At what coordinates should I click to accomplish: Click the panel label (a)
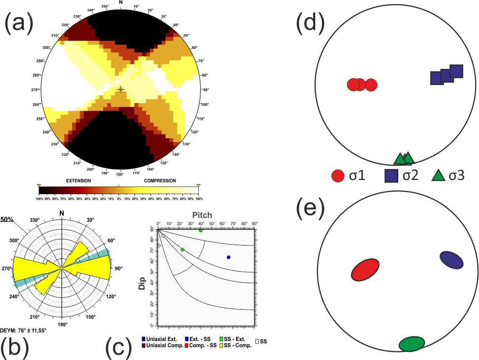(x=19, y=24)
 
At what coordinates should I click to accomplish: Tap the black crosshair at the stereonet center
(x=121, y=89)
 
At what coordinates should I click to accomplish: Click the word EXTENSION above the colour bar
(x=78, y=181)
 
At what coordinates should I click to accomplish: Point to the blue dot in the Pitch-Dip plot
(x=228, y=257)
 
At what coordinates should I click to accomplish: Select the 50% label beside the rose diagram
(x=7, y=220)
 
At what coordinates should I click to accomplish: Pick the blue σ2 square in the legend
(x=391, y=176)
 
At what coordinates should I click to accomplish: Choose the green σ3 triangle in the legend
(x=438, y=176)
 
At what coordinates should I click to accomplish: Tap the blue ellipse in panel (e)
(x=451, y=260)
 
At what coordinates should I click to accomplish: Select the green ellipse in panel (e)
(x=412, y=343)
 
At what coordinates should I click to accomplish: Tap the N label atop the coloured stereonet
(x=121, y=2)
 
